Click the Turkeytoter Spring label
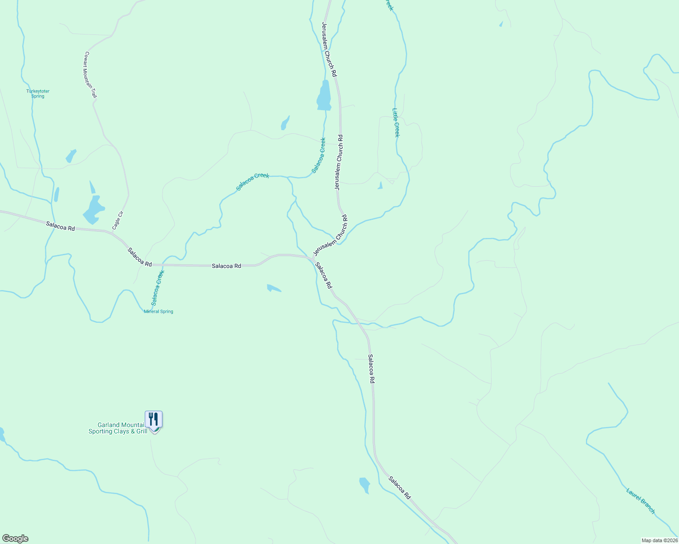click(x=38, y=94)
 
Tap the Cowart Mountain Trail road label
click(x=90, y=75)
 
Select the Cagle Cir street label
click(x=118, y=220)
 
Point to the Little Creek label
click(x=396, y=122)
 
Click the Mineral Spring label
click(x=158, y=311)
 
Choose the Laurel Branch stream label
click(x=640, y=500)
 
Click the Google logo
click(x=15, y=539)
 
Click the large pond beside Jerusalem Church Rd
click(x=324, y=97)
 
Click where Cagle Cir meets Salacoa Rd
click(x=109, y=232)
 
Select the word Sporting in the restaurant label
click(x=100, y=432)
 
